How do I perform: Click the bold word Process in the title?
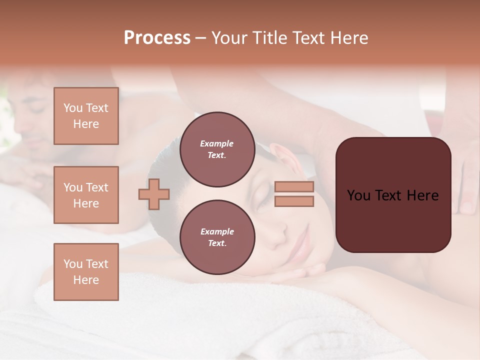[157, 37]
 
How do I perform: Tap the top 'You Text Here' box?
[86, 116]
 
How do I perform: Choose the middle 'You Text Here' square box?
[86, 195]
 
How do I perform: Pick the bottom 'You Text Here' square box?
[86, 271]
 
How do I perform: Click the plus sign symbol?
[154, 194]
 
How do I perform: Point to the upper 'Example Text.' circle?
[217, 149]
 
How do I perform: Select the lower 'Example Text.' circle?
[217, 237]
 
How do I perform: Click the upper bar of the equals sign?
[294, 187]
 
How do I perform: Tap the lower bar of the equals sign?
[294, 201]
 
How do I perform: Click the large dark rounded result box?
[393, 195]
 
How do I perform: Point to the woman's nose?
[280, 230]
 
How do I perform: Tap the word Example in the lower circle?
[217, 231]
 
